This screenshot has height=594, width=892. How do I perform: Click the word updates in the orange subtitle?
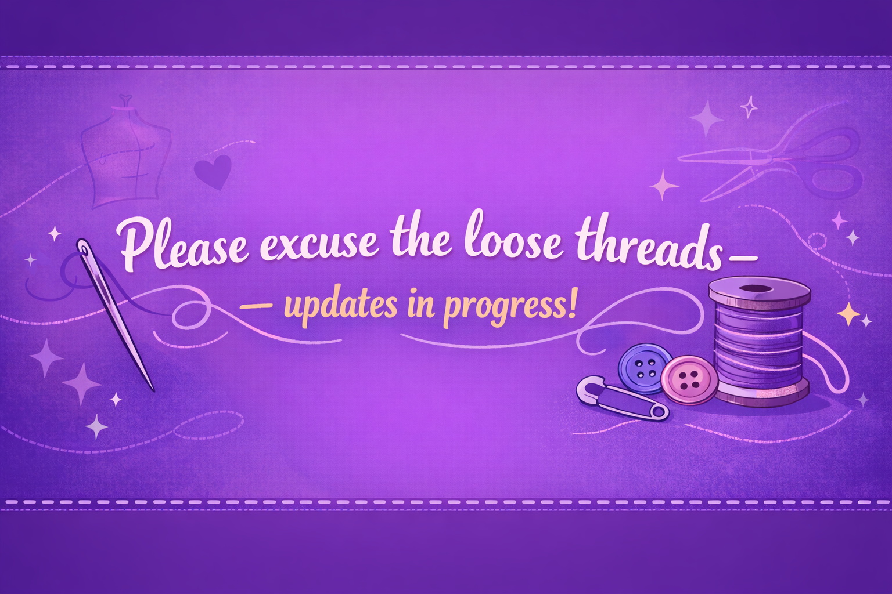click(x=340, y=307)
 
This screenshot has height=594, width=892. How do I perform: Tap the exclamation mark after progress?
click(x=572, y=305)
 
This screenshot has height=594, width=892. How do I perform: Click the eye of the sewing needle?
click(x=84, y=248)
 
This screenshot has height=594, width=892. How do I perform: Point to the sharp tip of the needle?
click(x=153, y=390)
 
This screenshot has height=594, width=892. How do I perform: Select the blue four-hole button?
click(x=645, y=368)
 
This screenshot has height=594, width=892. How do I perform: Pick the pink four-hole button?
click(x=689, y=379)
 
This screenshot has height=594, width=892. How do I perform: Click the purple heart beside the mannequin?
click(x=214, y=171)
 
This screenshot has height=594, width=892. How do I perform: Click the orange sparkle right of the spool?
click(x=848, y=313)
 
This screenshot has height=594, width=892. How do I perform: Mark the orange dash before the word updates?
click(x=256, y=306)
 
